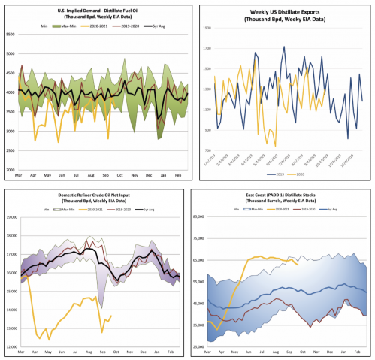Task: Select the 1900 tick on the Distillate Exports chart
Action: [x=207, y=27]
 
